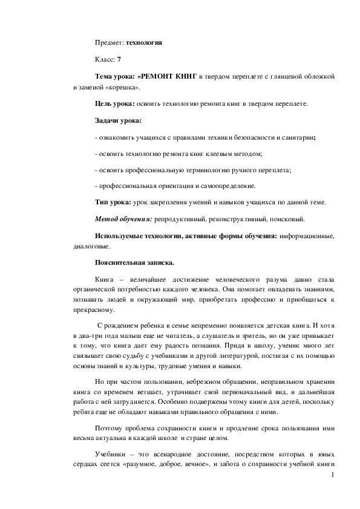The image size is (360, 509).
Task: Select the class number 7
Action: click(119, 60)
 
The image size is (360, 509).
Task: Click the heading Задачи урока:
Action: click(117, 121)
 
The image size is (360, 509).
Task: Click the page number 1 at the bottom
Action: click(333, 476)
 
